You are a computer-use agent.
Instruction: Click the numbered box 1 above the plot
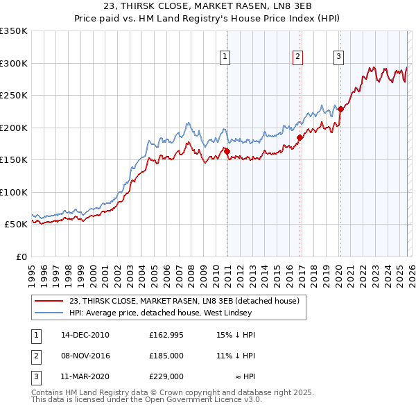[226, 58]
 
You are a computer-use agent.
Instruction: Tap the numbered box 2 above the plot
[297, 58]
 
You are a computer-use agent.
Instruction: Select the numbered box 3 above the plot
[339, 58]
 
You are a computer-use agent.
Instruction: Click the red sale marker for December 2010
[227, 151]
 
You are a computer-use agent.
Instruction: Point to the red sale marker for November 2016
[300, 137]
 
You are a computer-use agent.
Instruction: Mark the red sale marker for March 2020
[340, 109]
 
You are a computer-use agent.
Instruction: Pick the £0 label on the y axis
[21, 256]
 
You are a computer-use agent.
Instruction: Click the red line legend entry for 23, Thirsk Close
[184, 301]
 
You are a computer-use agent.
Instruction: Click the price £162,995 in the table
[166, 335]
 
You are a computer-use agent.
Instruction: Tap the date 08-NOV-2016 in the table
[85, 356]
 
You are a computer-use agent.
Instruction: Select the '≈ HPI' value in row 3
[244, 376]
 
